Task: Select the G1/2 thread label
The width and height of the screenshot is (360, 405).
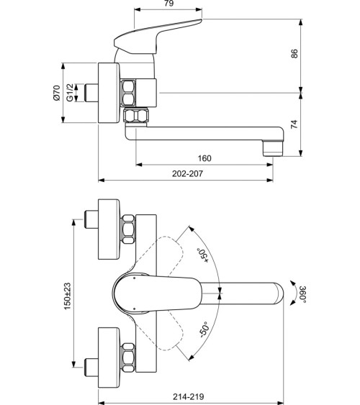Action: [71, 92]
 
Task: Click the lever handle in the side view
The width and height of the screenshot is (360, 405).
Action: [154, 36]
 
